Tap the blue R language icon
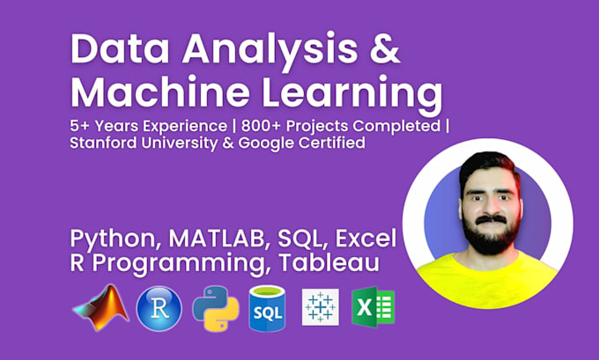coord(159,308)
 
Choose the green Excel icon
coord(373,308)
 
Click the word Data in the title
coord(120,50)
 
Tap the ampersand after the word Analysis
coord(388,50)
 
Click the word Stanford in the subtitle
coord(105,143)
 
